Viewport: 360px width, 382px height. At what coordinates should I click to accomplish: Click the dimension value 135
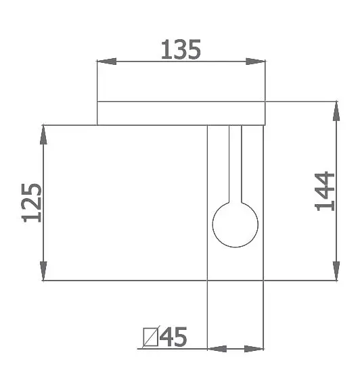(x=181, y=50)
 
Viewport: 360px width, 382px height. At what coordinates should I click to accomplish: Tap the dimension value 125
(x=32, y=203)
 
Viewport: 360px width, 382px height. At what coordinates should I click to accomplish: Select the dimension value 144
(x=324, y=191)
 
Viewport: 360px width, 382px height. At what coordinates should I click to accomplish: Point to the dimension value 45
(x=173, y=337)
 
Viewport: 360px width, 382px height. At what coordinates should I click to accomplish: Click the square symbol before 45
(x=150, y=337)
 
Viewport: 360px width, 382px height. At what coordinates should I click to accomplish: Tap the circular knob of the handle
(x=235, y=224)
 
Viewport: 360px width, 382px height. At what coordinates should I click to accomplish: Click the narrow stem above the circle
(x=235, y=164)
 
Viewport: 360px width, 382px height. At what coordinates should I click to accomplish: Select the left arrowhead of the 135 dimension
(x=107, y=61)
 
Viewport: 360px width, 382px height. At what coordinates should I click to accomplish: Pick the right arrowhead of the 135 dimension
(x=255, y=61)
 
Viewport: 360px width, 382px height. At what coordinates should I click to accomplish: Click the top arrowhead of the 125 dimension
(x=43, y=135)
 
